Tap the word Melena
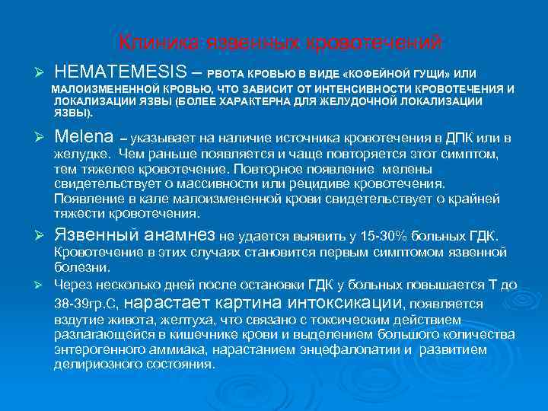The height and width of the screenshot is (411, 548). click(x=84, y=138)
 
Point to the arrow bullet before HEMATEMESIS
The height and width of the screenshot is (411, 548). click(x=43, y=72)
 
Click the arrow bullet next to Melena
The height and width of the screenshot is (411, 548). click(x=43, y=139)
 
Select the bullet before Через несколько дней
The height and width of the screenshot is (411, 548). click(x=43, y=285)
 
